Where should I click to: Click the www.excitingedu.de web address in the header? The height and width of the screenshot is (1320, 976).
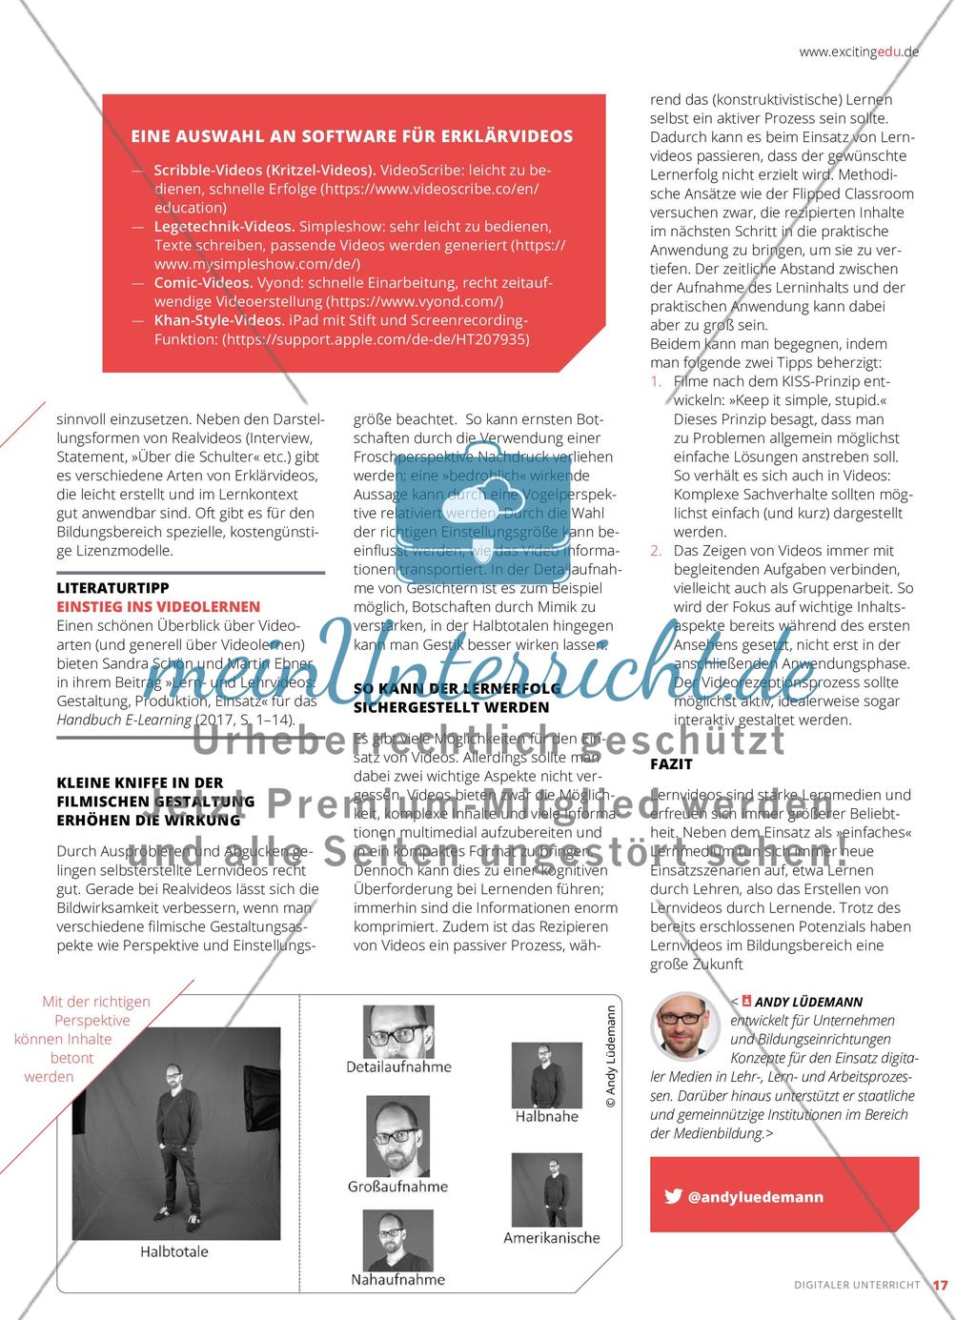[x=859, y=52]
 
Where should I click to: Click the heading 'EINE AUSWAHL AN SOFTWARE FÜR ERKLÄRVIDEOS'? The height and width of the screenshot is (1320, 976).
[x=352, y=136]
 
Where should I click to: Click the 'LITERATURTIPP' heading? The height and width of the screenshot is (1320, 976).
[x=112, y=588]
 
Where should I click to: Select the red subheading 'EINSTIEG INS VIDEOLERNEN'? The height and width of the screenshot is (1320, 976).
[x=158, y=606]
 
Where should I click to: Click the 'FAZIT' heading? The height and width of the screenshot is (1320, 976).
[x=671, y=764]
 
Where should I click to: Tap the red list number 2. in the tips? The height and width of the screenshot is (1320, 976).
[x=656, y=551]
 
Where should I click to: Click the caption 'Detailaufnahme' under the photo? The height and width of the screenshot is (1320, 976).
[x=399, y=1066]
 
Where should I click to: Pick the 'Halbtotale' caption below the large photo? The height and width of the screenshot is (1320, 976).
[x=173, y=1251]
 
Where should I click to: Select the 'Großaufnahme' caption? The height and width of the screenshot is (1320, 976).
[x=397, y=1187]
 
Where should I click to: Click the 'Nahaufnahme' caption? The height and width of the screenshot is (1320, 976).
[x=397, y=1279]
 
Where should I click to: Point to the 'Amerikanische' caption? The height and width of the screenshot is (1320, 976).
[x=552, y=1238]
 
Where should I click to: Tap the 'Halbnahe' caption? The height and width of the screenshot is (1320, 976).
[x=547, y=1116]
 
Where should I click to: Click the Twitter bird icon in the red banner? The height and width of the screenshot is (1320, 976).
[x=673, y=1197]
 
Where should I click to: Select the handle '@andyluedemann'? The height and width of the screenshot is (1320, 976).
[x=756, y=1197]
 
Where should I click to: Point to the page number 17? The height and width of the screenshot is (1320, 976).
[x=940, y=1285]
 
